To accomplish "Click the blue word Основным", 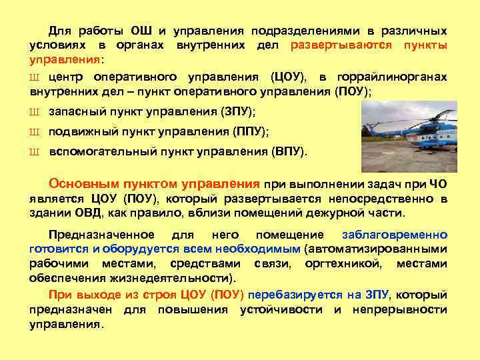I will pos(81,184).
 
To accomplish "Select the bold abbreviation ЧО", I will pos(438,185).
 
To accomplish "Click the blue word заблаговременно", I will pos(394,235).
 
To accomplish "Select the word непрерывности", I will pos(407,309).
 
